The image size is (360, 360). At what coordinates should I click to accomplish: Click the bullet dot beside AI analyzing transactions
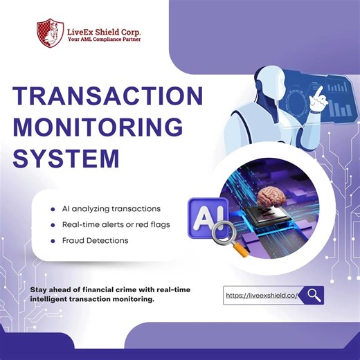tap(53, 208)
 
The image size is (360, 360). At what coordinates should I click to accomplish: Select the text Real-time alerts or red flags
tap(114, 224)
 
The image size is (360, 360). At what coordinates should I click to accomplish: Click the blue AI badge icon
tap(205, 216)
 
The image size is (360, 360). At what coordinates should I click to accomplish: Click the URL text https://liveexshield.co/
tap(261, 295)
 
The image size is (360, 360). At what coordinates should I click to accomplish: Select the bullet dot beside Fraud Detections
tap(53, 240)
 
